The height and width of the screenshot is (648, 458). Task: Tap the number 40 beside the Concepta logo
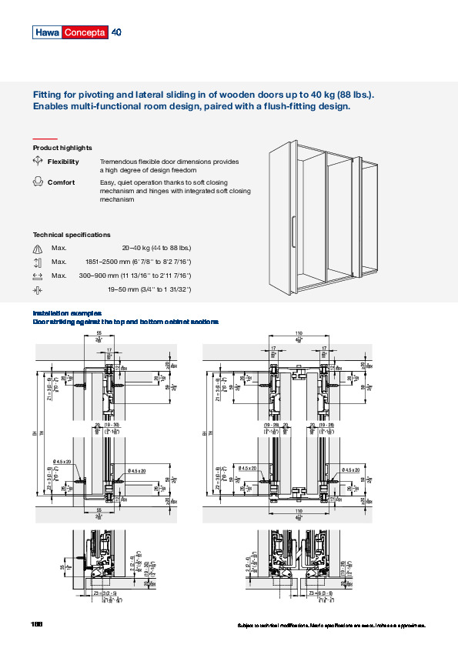(116, 32)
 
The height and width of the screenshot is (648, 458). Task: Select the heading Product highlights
(62, 147)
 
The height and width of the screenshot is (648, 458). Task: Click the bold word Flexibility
(63, 162)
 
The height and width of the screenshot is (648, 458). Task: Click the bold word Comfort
(61, 182)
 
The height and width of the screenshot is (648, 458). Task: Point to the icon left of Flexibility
(38, 162)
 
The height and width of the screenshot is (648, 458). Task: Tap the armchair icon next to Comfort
(38, 182)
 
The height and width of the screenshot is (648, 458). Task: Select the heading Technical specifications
(71, 234)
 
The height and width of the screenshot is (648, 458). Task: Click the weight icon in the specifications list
(38, 248)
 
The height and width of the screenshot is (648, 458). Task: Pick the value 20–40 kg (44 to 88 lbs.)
(156, 248)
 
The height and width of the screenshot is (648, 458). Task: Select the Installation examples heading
(66, 313)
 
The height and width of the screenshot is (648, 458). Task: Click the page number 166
(37, 623)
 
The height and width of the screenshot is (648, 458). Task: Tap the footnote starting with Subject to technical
(332, 626)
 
